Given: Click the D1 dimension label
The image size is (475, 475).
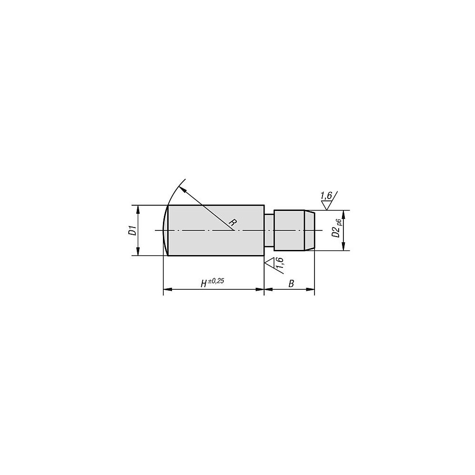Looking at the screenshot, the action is (132, 230).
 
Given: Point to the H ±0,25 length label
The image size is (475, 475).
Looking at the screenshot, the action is (212, 283).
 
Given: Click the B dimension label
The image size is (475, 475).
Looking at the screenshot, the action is (291, 284).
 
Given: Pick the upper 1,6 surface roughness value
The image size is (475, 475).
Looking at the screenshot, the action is (326, 196).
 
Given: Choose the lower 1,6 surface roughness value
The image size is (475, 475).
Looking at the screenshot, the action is (280, 262).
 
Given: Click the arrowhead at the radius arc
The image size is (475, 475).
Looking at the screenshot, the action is (182, 189).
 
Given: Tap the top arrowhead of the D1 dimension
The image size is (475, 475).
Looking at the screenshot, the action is (138, 209).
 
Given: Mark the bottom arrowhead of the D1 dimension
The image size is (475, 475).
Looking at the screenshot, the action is (138, 251).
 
